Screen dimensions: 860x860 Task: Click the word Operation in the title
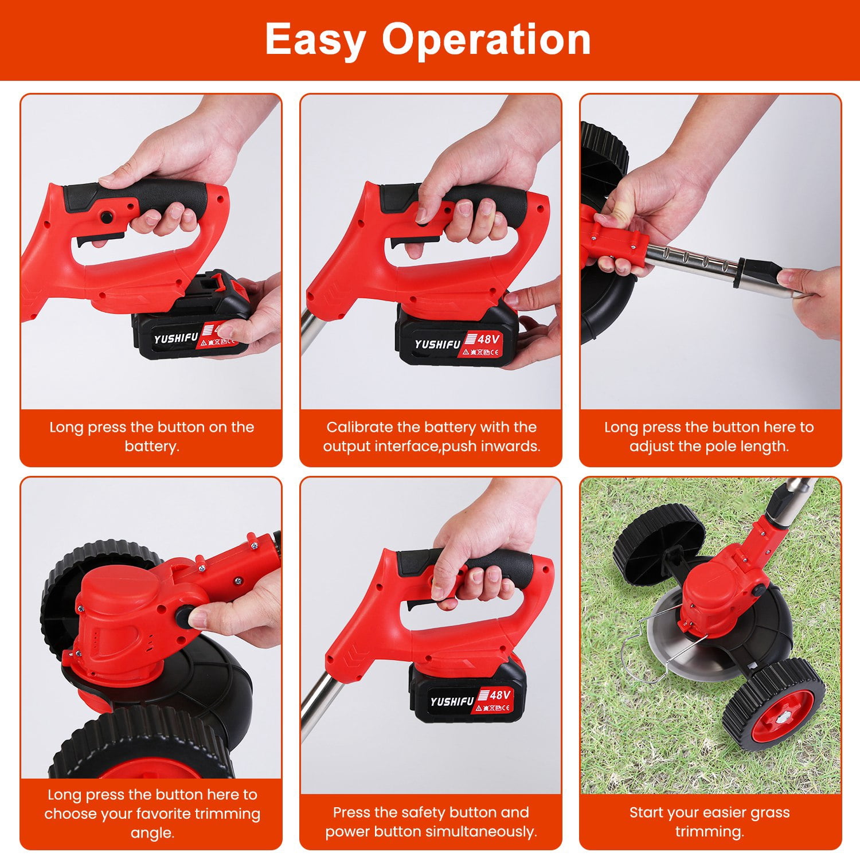pos(486,40)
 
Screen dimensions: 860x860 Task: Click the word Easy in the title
pos(315,40)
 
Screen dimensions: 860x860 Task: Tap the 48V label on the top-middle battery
pos(488,339)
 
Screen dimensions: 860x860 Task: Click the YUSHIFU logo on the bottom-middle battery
pos(452,701)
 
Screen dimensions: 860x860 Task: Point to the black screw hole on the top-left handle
pos(105,217)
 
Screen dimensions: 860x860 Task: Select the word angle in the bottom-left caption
pos(152,833)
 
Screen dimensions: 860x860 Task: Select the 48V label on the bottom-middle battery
pos(500,695)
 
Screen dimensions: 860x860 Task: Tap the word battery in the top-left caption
pos(152,446)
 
